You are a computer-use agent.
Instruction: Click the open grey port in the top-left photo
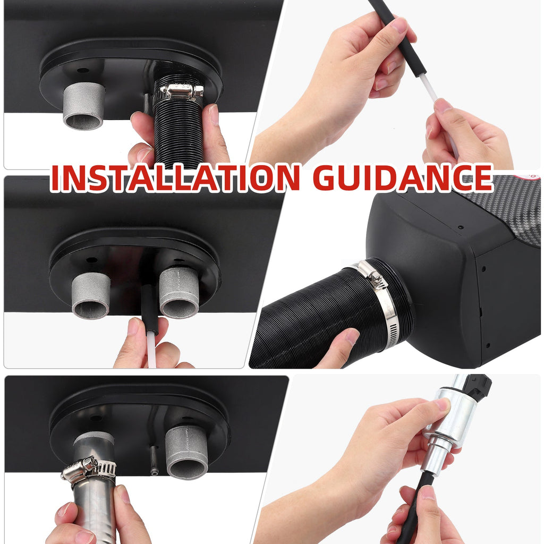83,106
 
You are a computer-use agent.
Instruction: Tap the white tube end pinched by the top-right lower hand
440,110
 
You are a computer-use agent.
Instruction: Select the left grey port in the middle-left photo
91,295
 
